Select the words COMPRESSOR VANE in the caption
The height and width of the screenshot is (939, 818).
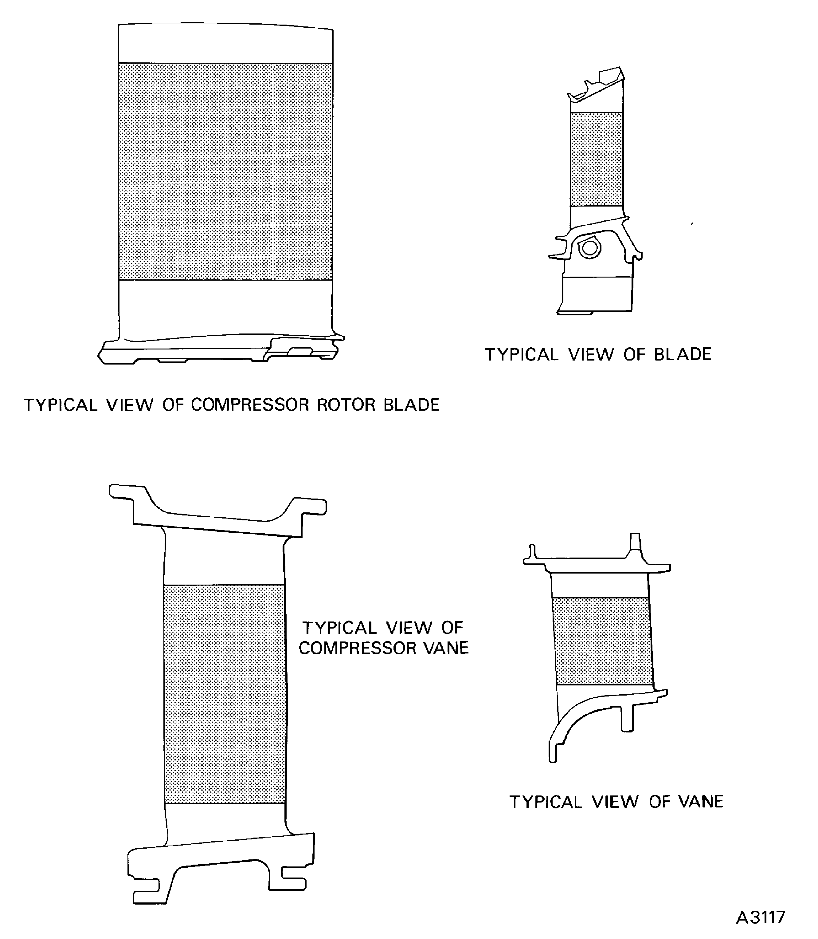[383, 648]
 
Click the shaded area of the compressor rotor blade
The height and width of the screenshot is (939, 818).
[225, 171]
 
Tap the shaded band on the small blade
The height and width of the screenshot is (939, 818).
[596, 159]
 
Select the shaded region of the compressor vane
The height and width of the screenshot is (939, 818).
[225, 694]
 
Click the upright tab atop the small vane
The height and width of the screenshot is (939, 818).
[635, 543]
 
